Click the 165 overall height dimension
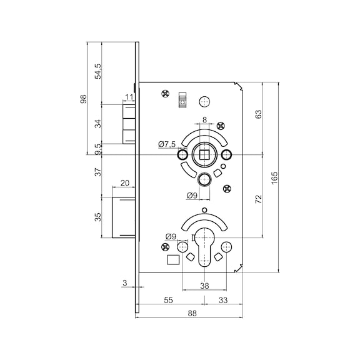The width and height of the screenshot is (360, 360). coord(274,177)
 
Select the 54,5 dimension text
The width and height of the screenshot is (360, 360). coord(98,71)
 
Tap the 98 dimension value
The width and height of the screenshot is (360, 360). coord(84,99)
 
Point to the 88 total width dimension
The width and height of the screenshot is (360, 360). coord(192,313)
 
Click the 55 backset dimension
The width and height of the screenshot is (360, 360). coord(168,300)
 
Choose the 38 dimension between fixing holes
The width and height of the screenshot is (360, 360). coord(204,286)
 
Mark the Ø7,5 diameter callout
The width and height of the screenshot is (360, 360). coord(167,144)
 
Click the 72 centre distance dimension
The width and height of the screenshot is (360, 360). coord(259,199)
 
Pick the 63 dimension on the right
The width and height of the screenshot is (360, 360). coord(259,114)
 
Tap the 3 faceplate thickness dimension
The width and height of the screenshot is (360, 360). coord(124,283)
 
